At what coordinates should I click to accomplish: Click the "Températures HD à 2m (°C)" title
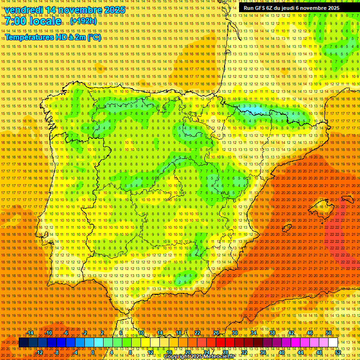point(53,37)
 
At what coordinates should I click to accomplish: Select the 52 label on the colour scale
point(338,352)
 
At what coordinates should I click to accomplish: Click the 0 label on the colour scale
point(93,352)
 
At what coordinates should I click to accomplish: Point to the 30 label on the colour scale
point(234,333)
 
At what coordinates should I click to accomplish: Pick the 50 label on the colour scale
point(329,333)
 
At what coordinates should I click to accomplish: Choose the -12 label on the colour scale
point(39,352)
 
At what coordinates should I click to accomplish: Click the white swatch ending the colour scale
point(333,343)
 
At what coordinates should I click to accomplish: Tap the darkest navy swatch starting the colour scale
point(23,343)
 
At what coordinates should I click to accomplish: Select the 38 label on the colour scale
point(272,333)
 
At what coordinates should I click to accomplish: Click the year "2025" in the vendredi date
point(114,10)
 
